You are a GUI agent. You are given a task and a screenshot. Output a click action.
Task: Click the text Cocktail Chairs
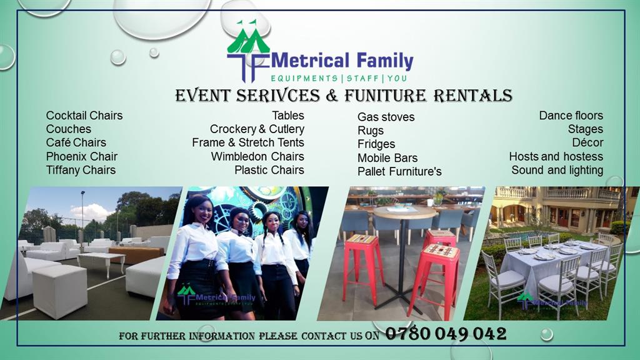[84, 116]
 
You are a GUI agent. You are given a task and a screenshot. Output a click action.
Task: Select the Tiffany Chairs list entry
[81, 170]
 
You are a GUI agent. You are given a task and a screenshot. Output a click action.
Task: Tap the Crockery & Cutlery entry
[257, 129]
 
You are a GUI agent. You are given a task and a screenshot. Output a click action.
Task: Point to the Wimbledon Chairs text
[257, 157]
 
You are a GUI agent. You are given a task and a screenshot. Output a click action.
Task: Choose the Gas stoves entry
[386, 117]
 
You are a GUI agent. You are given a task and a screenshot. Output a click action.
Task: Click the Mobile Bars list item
[387, 158]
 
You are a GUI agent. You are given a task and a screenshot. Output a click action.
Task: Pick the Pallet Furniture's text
[399, 172]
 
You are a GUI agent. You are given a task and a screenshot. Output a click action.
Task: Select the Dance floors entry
[571, 116]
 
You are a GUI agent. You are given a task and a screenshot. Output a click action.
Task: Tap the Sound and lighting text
[557, 170]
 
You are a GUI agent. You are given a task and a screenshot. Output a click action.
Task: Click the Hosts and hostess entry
[556, 157]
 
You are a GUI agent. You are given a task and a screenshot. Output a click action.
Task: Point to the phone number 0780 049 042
[446, 334]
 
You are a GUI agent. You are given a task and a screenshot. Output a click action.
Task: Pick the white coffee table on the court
[101, 261]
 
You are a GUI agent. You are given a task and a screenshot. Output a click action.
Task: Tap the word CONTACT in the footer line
[324, 336]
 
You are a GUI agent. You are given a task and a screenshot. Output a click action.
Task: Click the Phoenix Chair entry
[82, 157]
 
